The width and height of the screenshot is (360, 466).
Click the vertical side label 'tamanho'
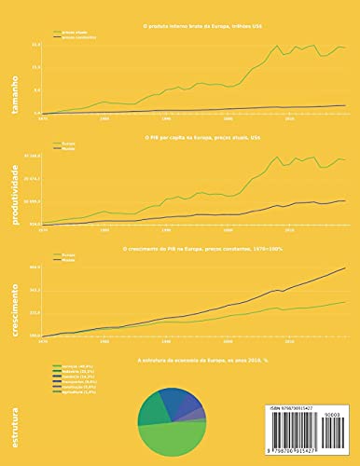pyautogui.click(x=14, y=93)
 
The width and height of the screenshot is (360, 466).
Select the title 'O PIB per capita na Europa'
pyautogui.click(x=192, y=136)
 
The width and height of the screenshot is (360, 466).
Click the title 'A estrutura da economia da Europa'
pyautogui.click(x=192, y=357)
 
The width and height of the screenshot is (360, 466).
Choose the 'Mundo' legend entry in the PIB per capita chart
pyautogui.click(x=69, y=147)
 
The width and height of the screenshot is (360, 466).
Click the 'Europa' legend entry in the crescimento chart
pyautogui.click(x=69, y=254)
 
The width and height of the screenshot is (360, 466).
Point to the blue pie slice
pyautogui.click(x=176, y=403)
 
